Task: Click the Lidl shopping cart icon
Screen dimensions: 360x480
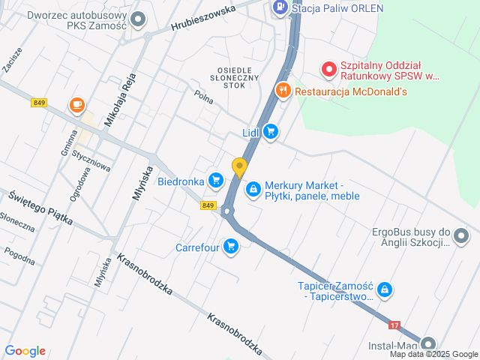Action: point(271,133)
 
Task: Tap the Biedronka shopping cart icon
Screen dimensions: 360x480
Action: point(216,180)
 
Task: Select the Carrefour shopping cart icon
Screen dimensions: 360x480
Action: point(230,246)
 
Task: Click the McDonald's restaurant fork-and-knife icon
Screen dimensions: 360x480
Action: point(282,91)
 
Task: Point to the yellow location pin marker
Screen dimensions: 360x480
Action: point(239,167)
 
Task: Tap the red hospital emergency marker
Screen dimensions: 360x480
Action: point(328,70)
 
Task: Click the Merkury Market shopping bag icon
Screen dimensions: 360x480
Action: point(253,187)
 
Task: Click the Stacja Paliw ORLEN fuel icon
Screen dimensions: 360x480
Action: point(279,8)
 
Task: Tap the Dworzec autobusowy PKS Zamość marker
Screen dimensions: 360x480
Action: point(138,19)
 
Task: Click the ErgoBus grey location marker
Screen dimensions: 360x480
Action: point(461,238)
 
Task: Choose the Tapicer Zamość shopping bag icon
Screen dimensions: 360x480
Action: point(384,289)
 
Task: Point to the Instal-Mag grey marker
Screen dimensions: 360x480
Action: point(428,343)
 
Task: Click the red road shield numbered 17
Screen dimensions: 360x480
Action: point(394,325)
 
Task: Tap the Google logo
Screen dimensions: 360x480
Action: point(25,351)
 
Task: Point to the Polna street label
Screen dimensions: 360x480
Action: point(203,96)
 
